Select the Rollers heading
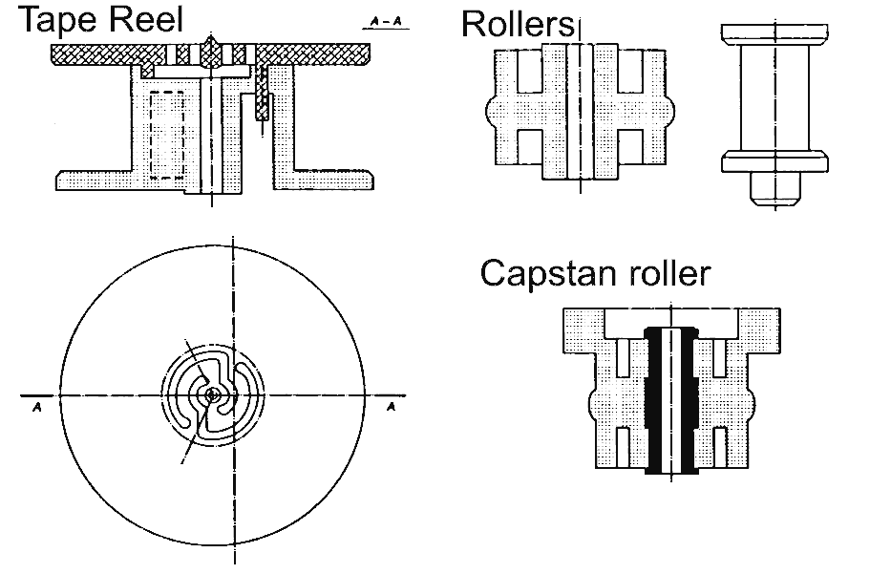tap(517, 24)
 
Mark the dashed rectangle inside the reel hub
tap(168, 135)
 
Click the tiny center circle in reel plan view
tap(212, 393)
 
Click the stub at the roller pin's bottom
tap(770, 186)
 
